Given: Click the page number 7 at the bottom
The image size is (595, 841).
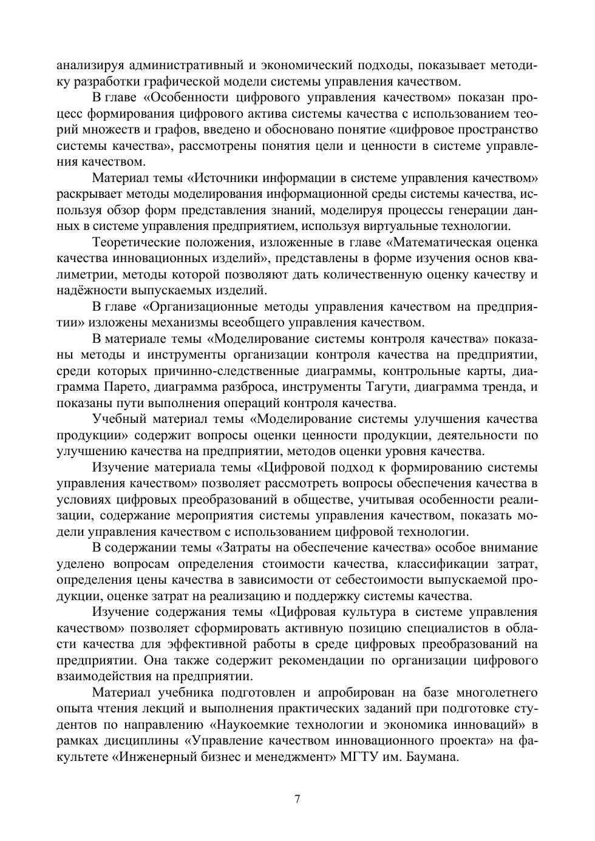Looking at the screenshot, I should pos(297,799).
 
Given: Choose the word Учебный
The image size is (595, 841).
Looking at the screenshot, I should pos(118,419).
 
